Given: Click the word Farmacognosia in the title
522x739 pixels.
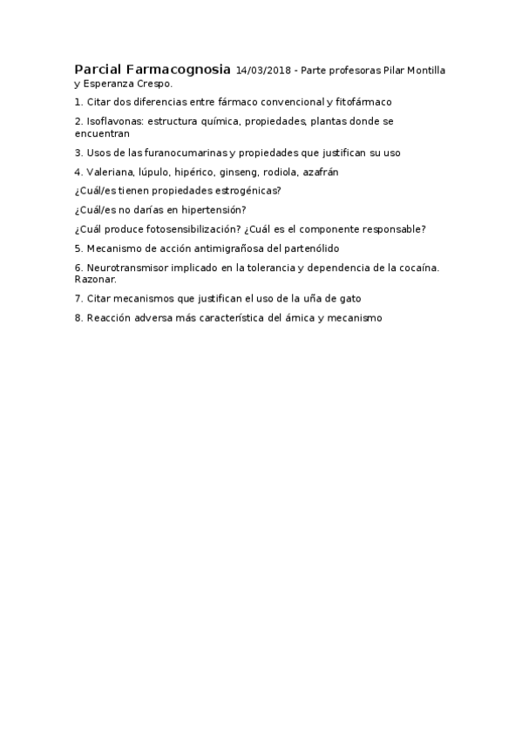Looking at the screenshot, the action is (179, 69).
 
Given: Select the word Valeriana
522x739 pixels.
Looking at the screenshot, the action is (111, 172).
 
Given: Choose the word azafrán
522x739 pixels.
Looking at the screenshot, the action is (321, 172).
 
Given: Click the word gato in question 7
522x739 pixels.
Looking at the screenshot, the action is (349, 298).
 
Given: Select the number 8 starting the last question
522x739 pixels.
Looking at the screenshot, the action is (78, 318).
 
